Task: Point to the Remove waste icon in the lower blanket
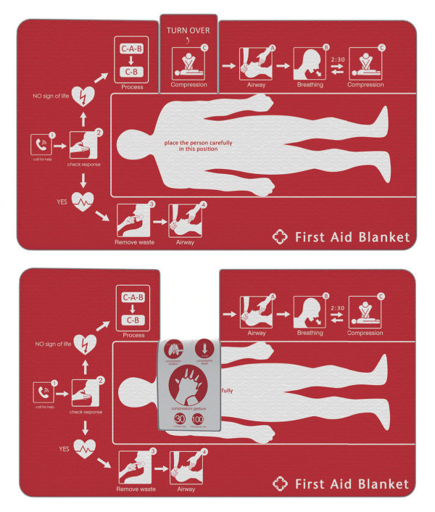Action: [133, 466]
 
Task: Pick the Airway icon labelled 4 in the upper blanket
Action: [185, 218]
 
